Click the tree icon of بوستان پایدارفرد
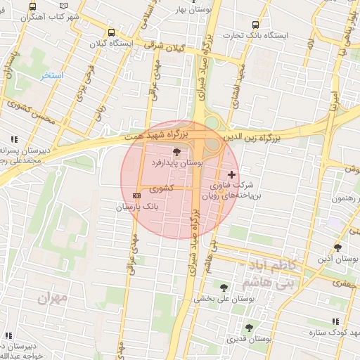coord(176,151)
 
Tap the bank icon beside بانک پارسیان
coord(136,195)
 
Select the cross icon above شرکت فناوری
coord(232,174)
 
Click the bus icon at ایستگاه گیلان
coord(111,32)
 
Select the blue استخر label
coord(51,75)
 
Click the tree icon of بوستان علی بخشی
coord(224,287)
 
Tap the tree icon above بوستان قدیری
coord(248,327)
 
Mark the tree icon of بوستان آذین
coord(338,247)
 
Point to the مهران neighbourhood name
coord(53,299)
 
